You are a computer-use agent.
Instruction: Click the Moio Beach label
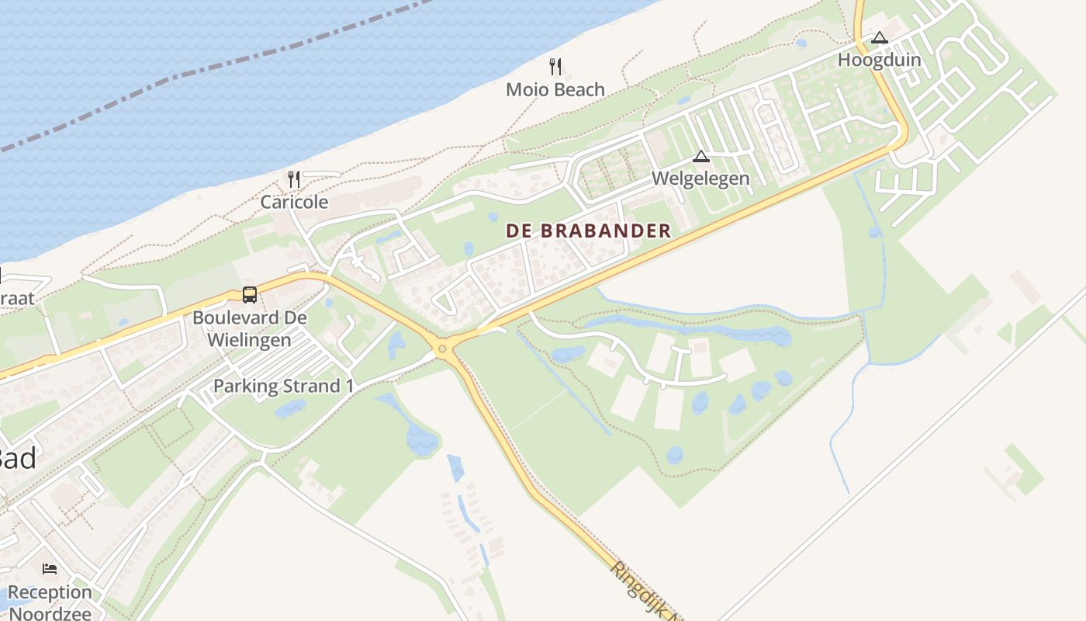pos(555,90)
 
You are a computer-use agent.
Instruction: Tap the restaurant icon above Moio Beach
pos(555,66)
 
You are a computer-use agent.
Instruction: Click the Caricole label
pos(294,203)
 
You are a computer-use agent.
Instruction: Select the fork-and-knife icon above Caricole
pos(293,179)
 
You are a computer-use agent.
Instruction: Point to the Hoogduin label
pos(879,61)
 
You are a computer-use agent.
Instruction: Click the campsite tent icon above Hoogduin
pos(879,37)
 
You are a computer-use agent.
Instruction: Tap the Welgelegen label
pos(700,179)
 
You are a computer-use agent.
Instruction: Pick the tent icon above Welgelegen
pos(701,156)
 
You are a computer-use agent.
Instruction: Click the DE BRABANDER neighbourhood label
pos(588,231)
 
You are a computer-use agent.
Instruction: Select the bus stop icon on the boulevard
pos(249,295)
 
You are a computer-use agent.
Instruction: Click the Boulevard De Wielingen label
pos(249,328)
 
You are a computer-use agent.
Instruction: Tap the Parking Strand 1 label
pos(277,386)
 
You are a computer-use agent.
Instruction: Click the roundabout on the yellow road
pos(443,349)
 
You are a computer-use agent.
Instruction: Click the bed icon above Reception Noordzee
pos(50,569)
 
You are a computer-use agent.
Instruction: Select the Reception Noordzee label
pos(50,602)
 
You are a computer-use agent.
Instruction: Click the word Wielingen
pos(249,340)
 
